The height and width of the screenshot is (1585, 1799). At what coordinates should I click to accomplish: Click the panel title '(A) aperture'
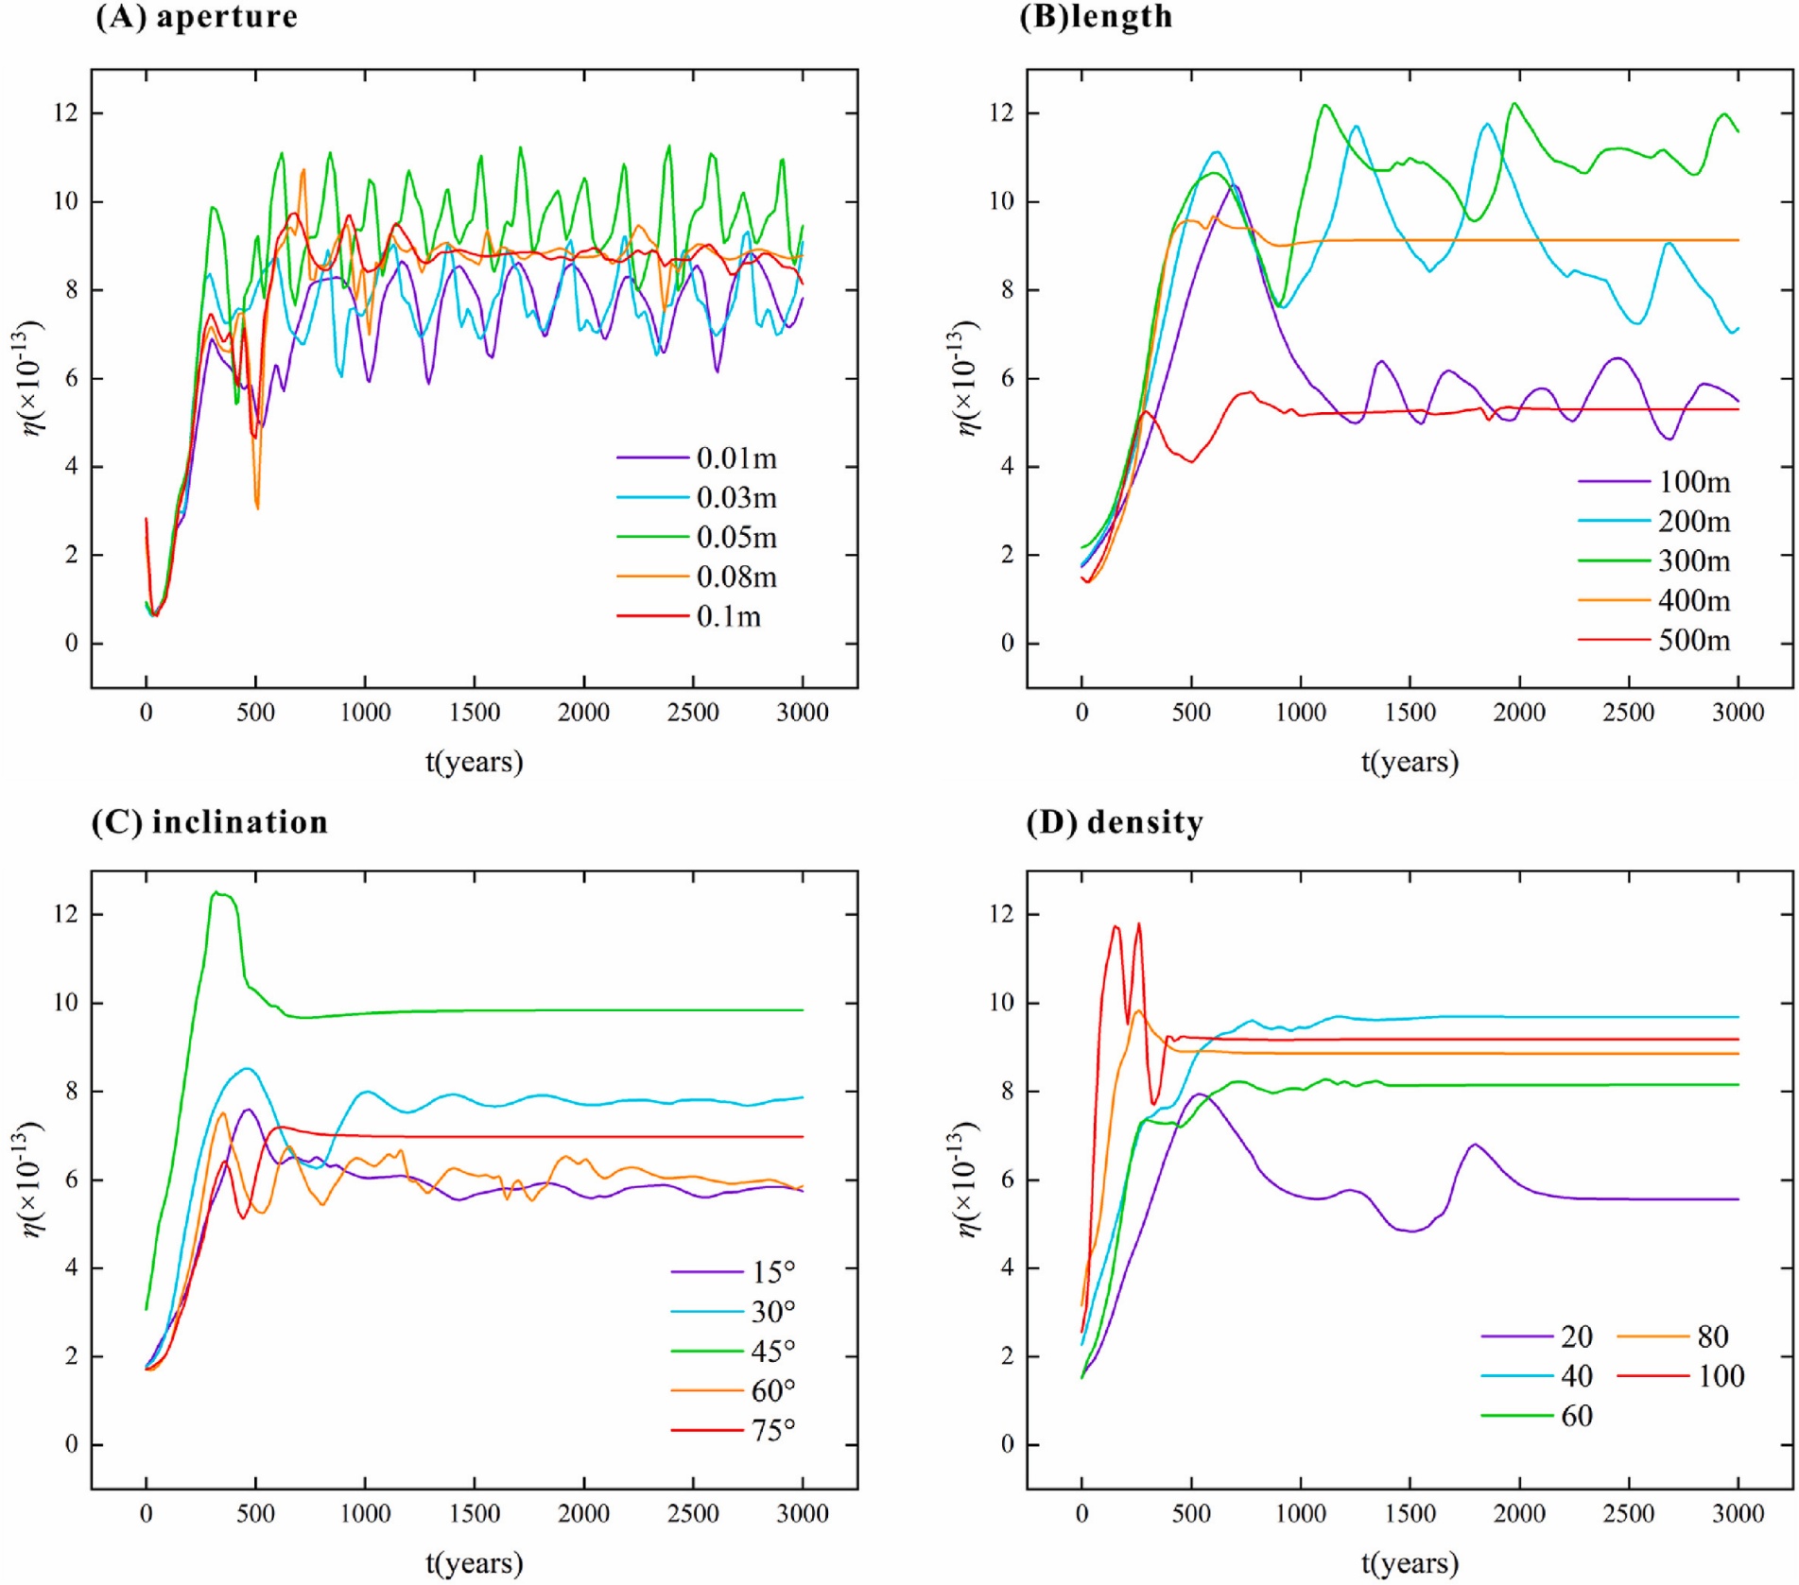[x=197, y=17]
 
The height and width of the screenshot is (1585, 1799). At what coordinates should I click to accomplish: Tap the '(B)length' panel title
[x=1096, y=17]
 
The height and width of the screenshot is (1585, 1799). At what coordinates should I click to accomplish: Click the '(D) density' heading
[x=1115, y=822]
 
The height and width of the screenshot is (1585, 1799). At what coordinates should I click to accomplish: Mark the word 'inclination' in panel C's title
[x=240, y=822]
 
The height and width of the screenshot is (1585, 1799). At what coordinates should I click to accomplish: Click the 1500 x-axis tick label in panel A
[x=475, y=713]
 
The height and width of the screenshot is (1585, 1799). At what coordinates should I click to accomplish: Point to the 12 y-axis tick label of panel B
[x=1001, y=113]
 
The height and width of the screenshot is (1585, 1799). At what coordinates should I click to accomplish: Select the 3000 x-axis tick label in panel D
[x=1738, y=1514]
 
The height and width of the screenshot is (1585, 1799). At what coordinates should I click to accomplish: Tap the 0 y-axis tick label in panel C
[x=71, y=1444]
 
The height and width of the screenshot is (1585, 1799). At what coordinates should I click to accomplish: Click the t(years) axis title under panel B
[x=1410, y=762]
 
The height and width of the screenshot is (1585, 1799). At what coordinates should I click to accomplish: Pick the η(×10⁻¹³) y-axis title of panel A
[x=28, y=378]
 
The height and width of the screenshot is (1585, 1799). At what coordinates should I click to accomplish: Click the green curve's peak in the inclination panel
[x=216, y=892]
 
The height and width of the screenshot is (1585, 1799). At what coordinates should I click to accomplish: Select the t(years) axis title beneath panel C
[x=474, y=1563]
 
